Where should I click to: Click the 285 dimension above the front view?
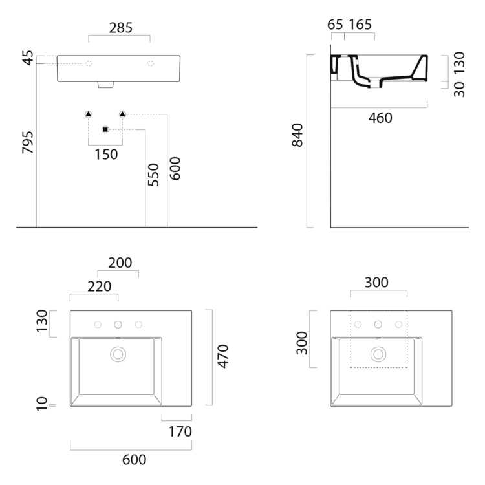pyautogui.click(x=121, y=28)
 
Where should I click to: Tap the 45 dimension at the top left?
pyautogui.click(x=27, y=59)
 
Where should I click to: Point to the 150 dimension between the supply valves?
pyautogui.click(x=105, y=154)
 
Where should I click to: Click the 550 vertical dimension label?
pyautogui.click(x=153, y=175)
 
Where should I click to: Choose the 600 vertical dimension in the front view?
pyautogui.click(x=175, y=168)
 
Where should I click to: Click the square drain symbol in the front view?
pyautogui.click(x=105, y=130)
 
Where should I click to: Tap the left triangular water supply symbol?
pyautogui.click(x=89, y=114)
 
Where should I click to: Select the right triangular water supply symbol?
pyautogui.click(x=122, y=114)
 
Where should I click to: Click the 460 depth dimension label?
pyautogui.click(x=380, y=118)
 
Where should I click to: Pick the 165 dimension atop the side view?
pyautogui.click(x=360, y=25)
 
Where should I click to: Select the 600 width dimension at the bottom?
pyautogui.click(x=134, y=460)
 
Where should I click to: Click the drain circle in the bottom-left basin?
pyautogui.click(x=118, y=354)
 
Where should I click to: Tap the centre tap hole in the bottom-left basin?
pyautogui.click(x=118, y=324)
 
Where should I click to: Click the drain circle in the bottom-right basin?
pyautogui.click(x=378, y=354)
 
